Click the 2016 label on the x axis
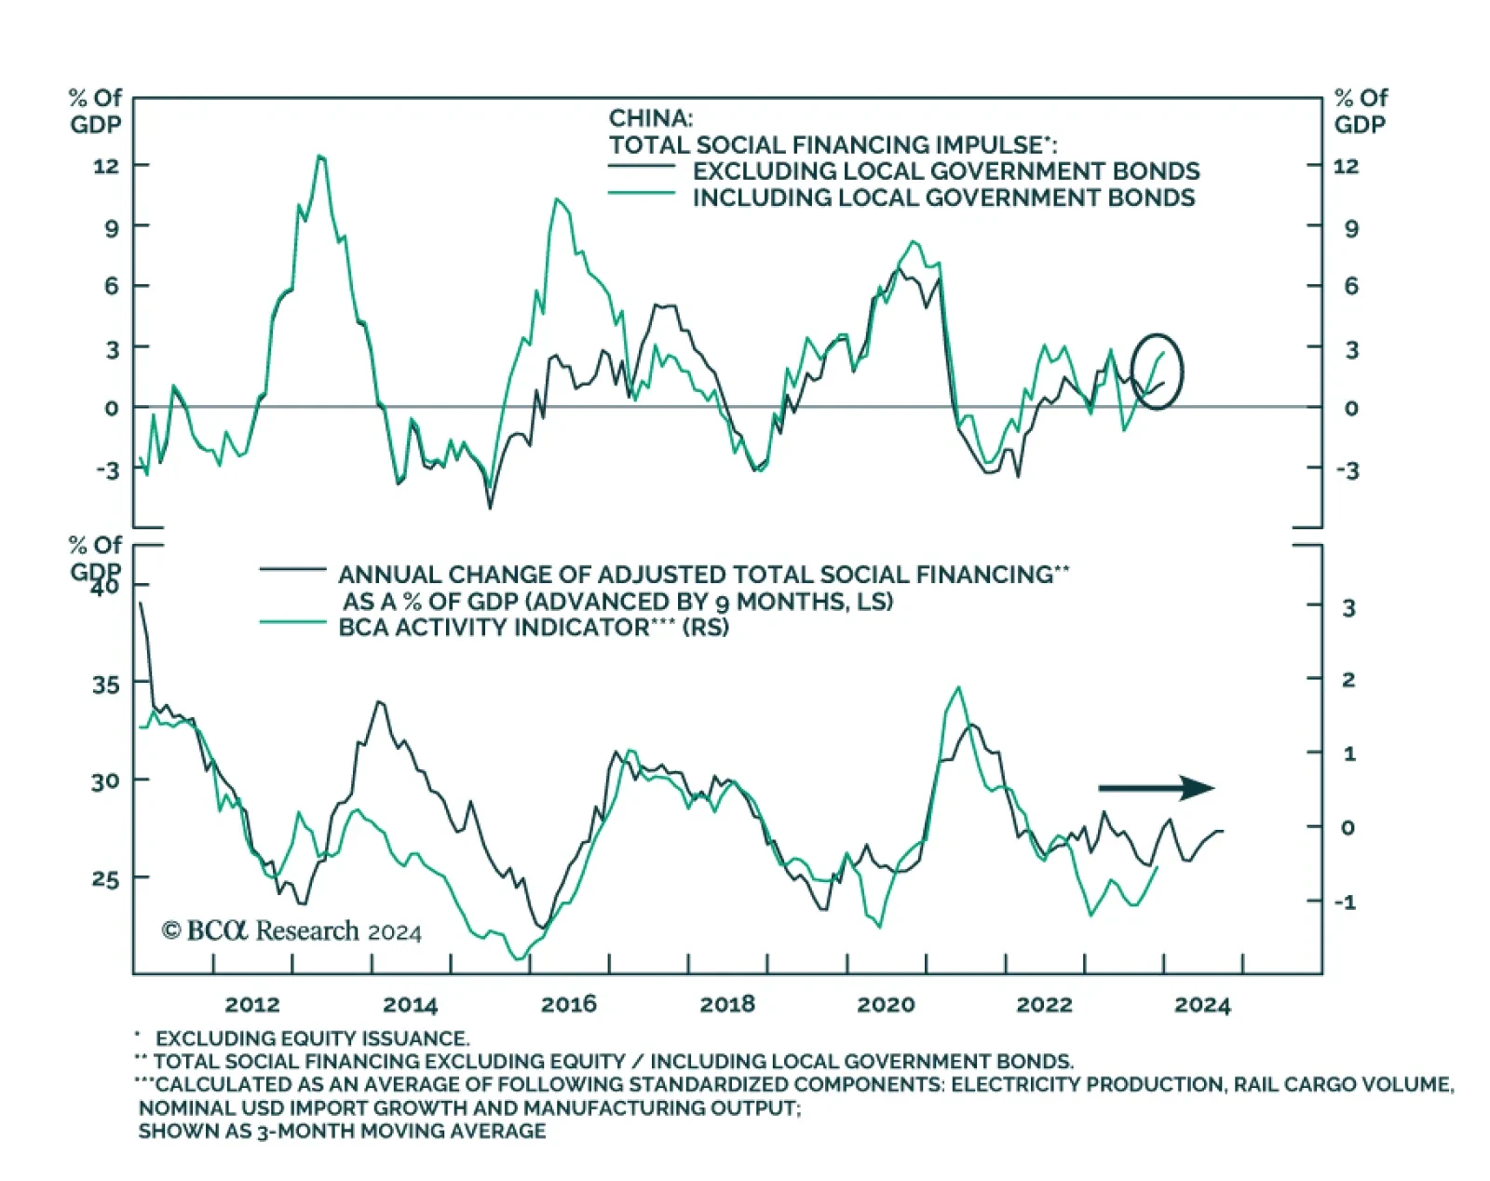coord(568,1004)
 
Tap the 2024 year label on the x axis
coord(1202,1005)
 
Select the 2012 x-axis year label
coord(252,1004)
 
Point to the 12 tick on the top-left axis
coord(106,166)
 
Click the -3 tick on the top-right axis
coord(1348,470)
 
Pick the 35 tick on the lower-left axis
coord(106,685)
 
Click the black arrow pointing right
coord(1156,788)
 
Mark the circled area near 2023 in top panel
coord(1157,371)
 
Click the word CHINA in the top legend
coord(650,118)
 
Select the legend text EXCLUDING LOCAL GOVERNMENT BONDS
coord(945,171)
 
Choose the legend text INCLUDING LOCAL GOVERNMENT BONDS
coord(943,197)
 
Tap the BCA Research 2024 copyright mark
coord(291,930)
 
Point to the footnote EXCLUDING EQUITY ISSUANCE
coord(312,1038)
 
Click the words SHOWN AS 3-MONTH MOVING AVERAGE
coord(342,1131)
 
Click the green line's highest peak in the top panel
coord(320,156)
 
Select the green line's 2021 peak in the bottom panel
coord(958,687)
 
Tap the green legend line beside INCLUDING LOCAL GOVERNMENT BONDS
coord(641,193)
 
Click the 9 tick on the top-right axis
coord(1350,228)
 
